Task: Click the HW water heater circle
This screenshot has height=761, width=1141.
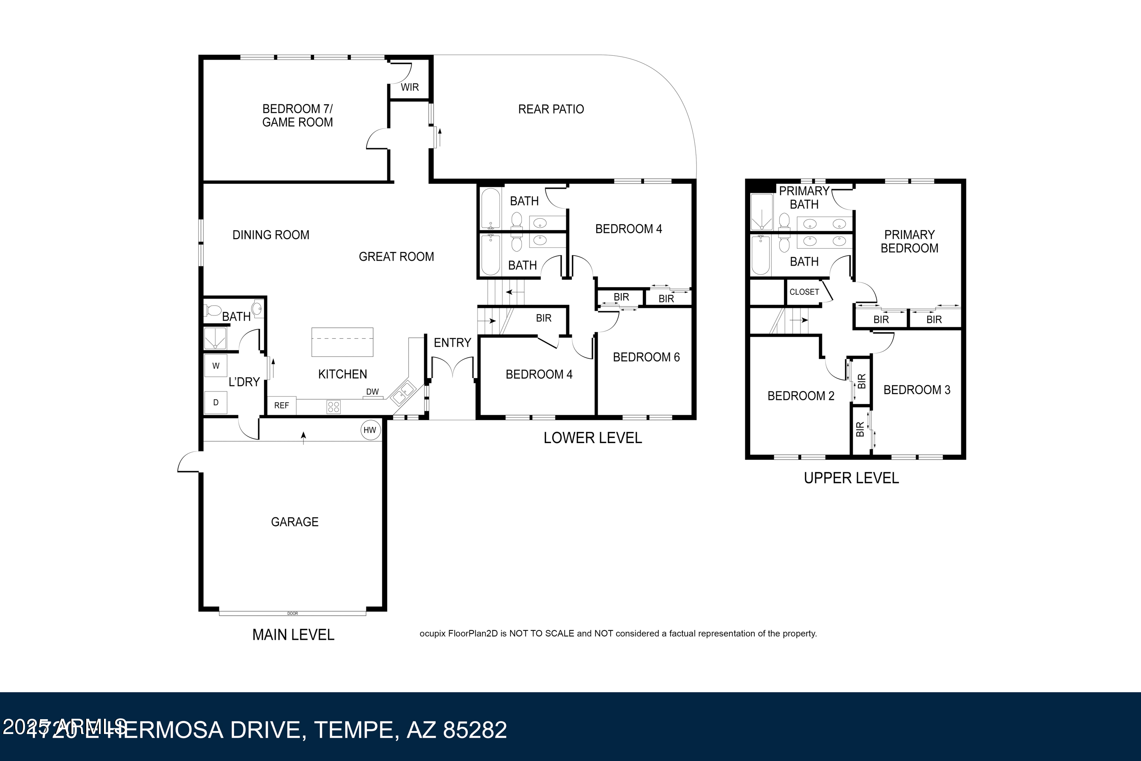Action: (370, 430)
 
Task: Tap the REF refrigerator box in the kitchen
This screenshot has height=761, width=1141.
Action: (281, 406)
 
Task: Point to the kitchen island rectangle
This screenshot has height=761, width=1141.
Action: (342, 342)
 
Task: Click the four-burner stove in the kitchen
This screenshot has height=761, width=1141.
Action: (333, 407)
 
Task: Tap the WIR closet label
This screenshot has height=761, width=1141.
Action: (409, 87)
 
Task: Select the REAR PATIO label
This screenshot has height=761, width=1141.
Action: (551, 109)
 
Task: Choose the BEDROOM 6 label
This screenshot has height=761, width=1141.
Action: (646, 357)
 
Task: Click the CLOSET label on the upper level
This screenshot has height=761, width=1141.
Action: (804, 292)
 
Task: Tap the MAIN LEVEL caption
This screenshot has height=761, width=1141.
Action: (293, 635)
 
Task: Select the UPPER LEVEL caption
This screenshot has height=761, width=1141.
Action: (851, 478)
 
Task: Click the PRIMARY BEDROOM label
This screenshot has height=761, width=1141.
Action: (909, 242)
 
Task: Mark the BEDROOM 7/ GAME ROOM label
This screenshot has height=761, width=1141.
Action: (297, 116)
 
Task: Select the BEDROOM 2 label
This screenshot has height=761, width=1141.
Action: (801, 396)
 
